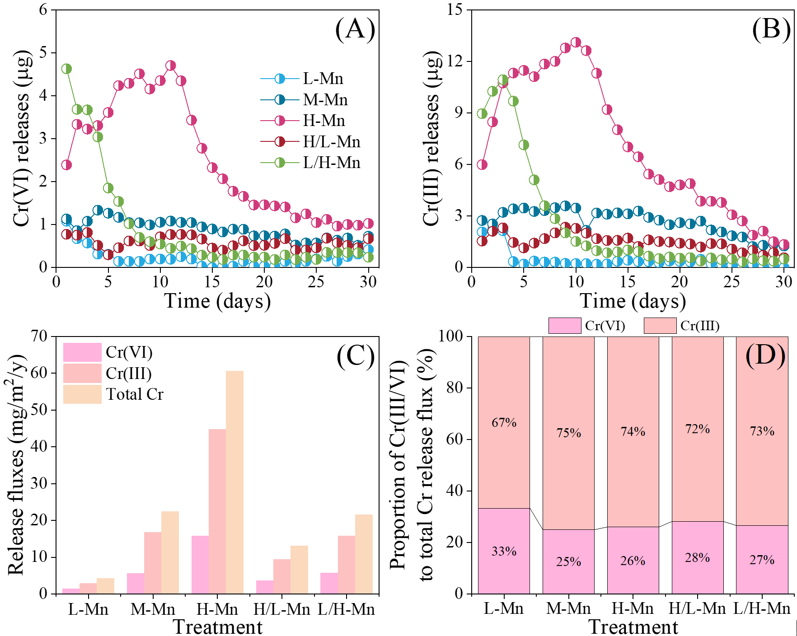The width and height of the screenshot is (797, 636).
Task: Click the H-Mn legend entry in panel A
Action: [x=323, y=121]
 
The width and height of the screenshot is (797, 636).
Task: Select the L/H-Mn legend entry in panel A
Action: [x=331, y=163]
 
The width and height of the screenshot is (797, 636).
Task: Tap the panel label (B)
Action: [x=771, y=29]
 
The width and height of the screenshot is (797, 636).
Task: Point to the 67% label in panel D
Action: [x=504, y=422]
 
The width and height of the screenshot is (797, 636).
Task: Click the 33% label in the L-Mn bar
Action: [x=504, y=551]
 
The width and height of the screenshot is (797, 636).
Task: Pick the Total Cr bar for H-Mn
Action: [x=235, y=482]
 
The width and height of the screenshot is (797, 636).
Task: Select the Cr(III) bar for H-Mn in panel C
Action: [x=217, y=511]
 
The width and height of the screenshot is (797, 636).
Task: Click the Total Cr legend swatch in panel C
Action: [x=82, y=394]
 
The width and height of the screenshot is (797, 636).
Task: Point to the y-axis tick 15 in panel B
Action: [x=455, y=9]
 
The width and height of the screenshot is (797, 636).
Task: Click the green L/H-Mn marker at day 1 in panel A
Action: [x=66, y=69]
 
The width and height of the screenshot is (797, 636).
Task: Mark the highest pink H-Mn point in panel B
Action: [x=576, y=42]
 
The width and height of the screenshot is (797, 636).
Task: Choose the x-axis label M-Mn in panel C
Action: [x=153, y=609]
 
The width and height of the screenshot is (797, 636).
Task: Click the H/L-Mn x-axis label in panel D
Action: [x=697, y=608]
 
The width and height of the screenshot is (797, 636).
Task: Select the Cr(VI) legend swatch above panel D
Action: [x=565, y=326]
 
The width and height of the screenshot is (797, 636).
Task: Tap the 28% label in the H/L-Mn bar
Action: [x=697, y=558]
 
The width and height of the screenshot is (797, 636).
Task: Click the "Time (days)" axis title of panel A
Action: [x=217, y=301]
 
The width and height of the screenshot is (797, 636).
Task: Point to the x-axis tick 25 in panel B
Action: [x=731, y=282]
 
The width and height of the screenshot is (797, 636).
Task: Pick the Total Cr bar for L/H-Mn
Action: [x=364, y=554]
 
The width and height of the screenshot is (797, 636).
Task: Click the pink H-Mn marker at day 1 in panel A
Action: [x=66, y=164]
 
